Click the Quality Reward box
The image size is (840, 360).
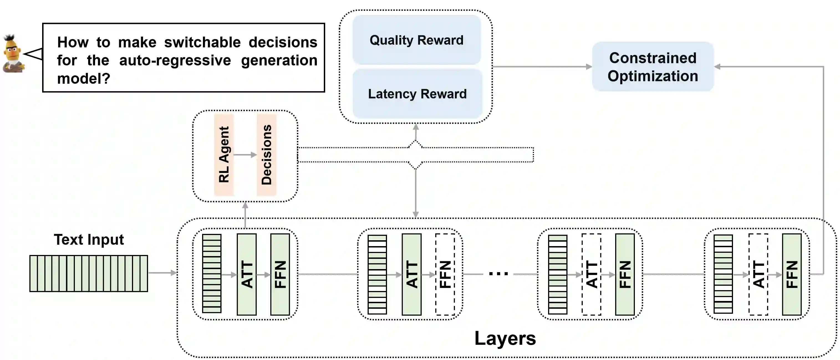click(x=416, y=40)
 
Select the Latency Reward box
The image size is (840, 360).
click(x=417, y=94)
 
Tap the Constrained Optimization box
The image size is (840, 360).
click(x=653, y=67)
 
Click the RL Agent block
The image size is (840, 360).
click(x=224, y=155)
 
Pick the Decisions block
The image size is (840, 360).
click(x=266, y=155)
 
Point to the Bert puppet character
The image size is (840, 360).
click(x=13, y=54)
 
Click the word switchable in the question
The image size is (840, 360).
click(x=202, y=42)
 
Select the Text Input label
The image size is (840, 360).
click(x=89, y=240)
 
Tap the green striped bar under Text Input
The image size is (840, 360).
click(x=89, y=273)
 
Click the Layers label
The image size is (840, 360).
click(x=505, y=338)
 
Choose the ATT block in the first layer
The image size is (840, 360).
click(x=246, y=274)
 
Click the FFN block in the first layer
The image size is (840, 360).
click(x=280, y=274)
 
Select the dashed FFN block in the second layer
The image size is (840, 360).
click(x=445, y=274)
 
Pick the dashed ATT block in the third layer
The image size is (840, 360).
click(x=592, y=274)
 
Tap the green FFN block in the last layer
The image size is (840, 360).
click(x=792, y=274)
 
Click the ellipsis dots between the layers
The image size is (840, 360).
click(x=498, y=274)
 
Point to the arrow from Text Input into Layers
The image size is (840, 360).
click(x=162, y=273)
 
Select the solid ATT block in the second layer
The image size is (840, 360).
click(x=411, y=274)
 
